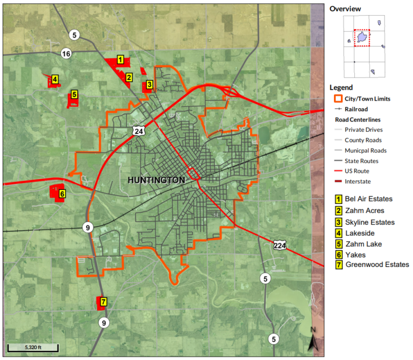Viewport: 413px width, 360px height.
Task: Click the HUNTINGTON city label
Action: click(x=156, y=180)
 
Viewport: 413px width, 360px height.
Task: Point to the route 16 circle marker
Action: click(x=66, y=54)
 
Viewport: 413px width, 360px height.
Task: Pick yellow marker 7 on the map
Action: click(x=103, y=301)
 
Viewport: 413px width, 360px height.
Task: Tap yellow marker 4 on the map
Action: click(x=55, y=80)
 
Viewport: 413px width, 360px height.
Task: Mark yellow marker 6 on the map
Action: click(x=62, y=194)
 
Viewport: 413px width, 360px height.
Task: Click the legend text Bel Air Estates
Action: click(x=368, y=199)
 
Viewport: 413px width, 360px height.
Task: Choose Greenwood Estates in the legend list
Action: click(x=377, y=264)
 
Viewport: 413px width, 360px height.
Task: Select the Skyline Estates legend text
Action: click(x=371, y=222)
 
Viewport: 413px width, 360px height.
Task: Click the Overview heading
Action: click(x=345, y=9)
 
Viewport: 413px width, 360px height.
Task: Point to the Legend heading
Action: click(x=341, y=88)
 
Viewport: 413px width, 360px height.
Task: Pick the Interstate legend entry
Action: click(x=357, y=181)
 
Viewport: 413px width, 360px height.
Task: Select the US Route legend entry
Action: click(x=358, y=171)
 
